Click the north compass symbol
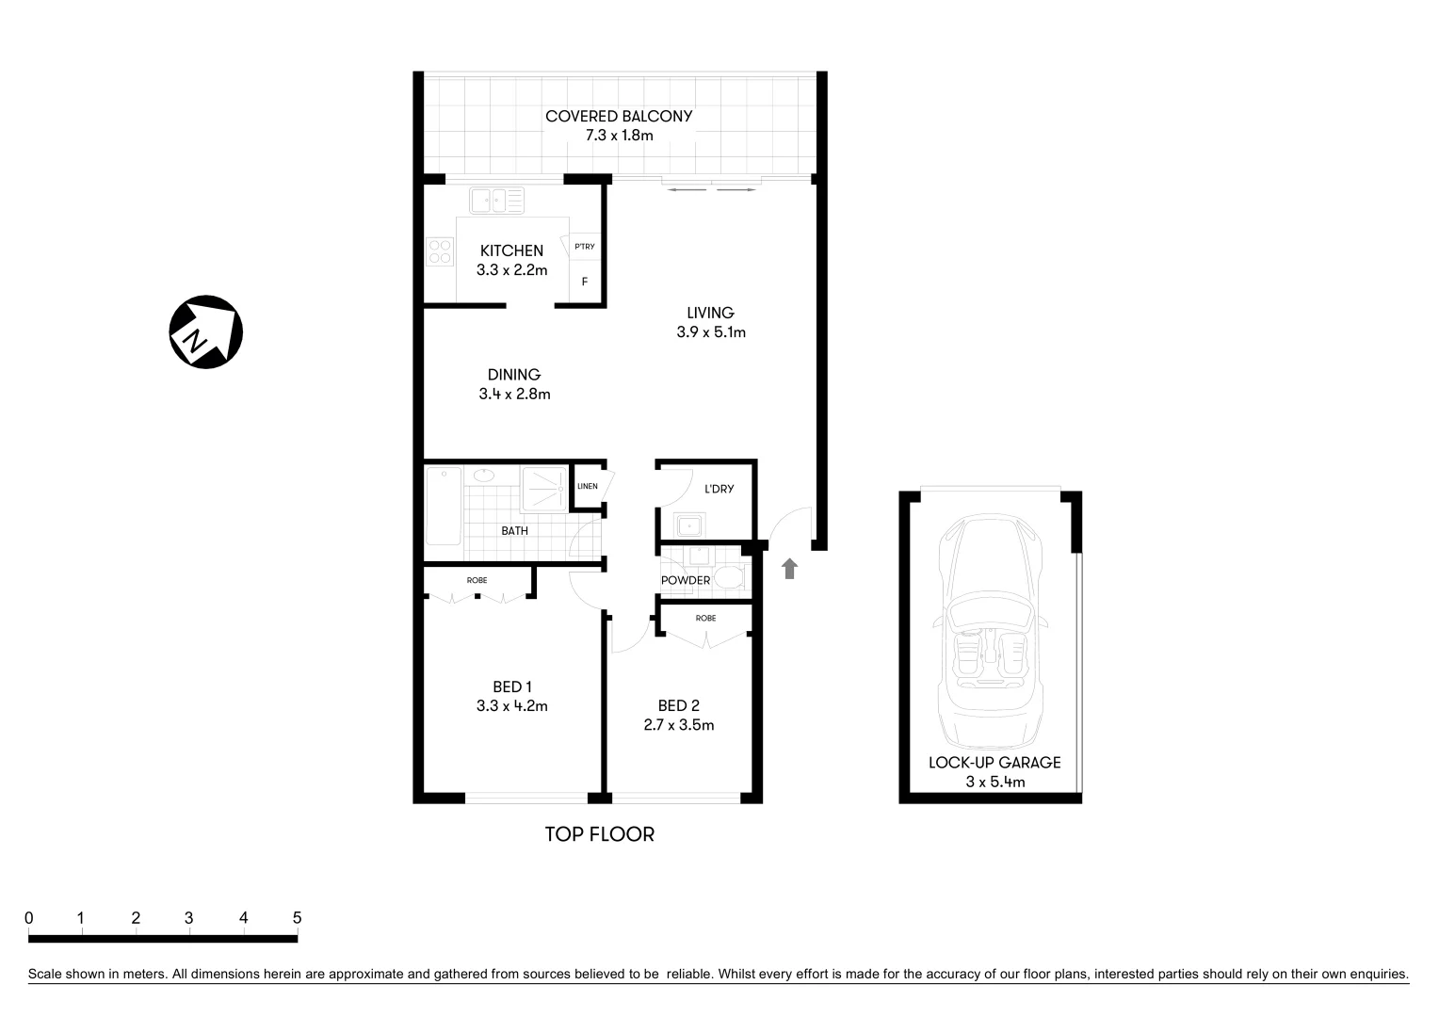(205, 332)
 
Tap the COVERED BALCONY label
(619, 117)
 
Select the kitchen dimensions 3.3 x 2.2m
(511, 270)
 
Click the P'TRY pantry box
(585, 247)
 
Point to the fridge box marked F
(585, 282)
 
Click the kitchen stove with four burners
(440, 251)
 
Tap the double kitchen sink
(497, 200)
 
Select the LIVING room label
(710, 313)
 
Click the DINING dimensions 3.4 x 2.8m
(514, 395)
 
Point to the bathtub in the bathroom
(443, 507)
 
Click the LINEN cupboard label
(587, 487)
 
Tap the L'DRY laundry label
(719, 489)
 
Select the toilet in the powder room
(729, 576)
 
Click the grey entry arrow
(789, 568)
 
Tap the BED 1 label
(512, 686)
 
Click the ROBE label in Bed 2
(705, 619)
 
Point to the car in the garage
(991, 640)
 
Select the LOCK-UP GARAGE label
(994, 763)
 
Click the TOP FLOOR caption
(599, 834)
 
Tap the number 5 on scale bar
(297, 917)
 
